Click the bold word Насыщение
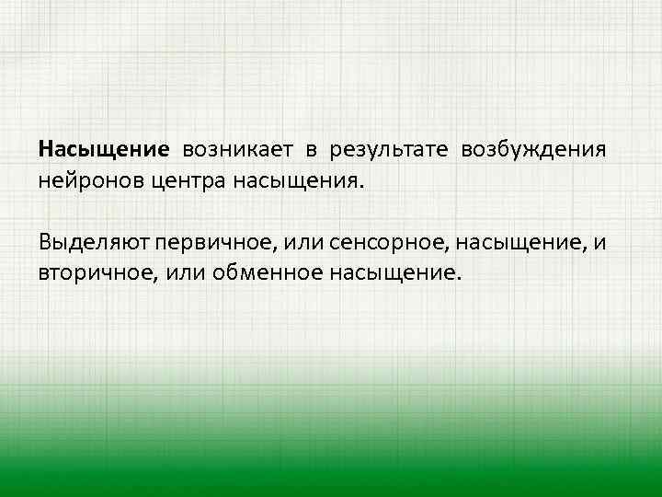[x=104, y=149]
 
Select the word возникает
[x=234, y=149]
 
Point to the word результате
[x=390, y=149]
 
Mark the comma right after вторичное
[x=144, y=278]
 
